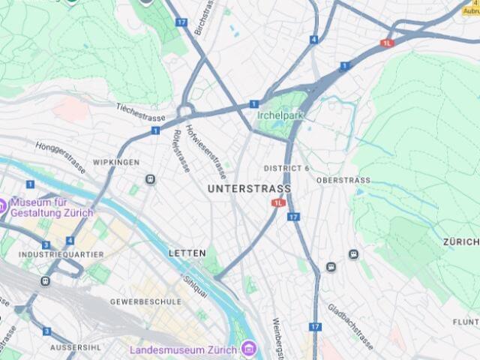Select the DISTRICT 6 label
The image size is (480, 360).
(286, 168)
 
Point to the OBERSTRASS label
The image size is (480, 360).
(343, 180)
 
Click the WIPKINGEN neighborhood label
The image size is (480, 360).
(116, 162)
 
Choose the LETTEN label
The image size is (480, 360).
(187, 253)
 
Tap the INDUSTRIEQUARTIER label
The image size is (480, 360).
(51, 255)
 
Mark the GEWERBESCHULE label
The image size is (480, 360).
(145, 301)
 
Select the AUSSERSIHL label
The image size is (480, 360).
(75, 348)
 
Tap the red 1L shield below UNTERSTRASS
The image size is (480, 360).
(279, 202)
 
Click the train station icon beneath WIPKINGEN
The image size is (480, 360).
(151, 179)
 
